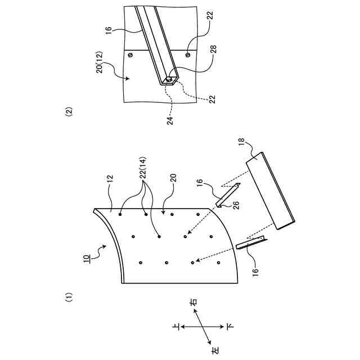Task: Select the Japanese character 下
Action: click(230, 326)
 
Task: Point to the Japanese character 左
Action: click(214, 350)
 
